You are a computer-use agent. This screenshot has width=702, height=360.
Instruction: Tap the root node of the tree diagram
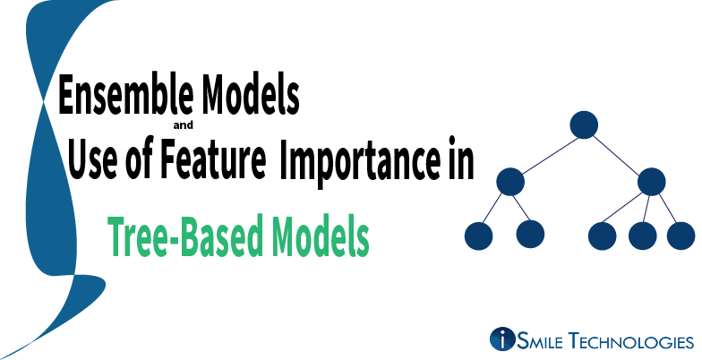point(583,124)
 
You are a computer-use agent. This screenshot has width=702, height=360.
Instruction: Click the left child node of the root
point(509,181)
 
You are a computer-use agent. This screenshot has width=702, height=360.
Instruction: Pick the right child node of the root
point(652,181)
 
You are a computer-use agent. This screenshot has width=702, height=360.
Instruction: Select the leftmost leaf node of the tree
point(479,235)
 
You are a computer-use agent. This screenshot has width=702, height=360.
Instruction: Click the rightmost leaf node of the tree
point(681,235)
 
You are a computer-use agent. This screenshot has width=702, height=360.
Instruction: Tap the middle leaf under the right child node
point(643,235)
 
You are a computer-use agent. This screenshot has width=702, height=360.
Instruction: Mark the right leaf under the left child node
point(531,235)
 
